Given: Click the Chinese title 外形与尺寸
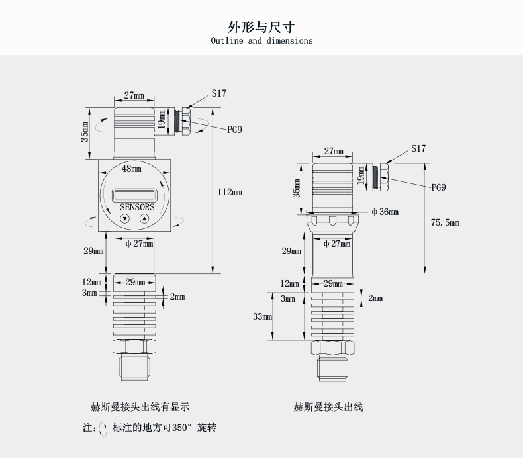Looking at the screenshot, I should tap(261, 26).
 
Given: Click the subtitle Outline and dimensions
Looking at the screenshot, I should tap(261, 41).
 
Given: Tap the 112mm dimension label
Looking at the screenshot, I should tap(230, 192).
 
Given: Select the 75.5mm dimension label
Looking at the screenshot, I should tap(445, 223).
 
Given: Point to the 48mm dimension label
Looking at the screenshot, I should tap(132, 169).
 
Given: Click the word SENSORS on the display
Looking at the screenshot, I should tap(137, 207).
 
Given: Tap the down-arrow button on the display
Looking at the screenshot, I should tap(124, 218).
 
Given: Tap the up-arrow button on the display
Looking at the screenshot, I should tap(144, 218).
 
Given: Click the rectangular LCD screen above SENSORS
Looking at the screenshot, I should tap(134, 195).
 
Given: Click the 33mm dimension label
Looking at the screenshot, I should tap(262, 317).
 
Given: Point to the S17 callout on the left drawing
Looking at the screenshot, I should tap(218, 93).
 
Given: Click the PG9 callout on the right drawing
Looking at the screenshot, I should tap(438, 187).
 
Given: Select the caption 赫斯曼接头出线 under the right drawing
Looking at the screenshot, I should tap(328, 407).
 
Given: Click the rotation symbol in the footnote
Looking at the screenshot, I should tap(103, 428).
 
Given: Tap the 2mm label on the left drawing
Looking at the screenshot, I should tap(177, 297).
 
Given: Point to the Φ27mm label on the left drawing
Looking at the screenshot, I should tap(138, 244).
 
